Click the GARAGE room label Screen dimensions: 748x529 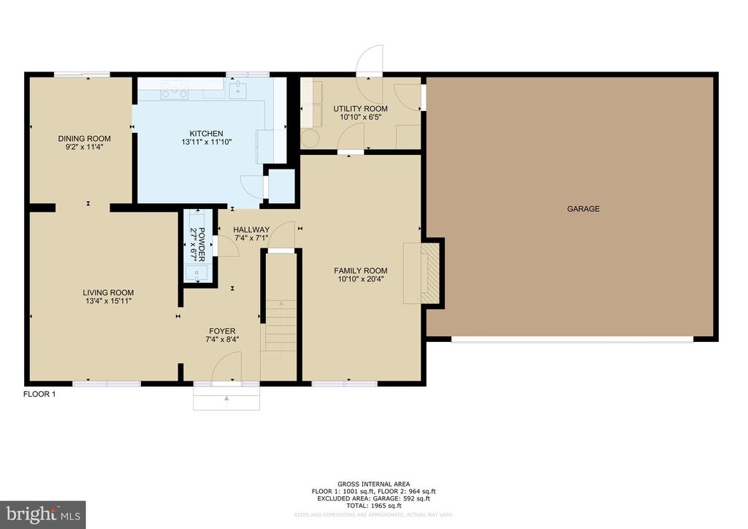pyautogui.click(x=583, y=209)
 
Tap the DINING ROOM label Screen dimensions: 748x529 pyautogui.click(x=85, y=139)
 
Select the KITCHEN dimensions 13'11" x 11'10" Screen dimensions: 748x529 pyautogui.click(x=207, y=142)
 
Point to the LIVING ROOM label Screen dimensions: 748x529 pyautogui.click(x=108, y=293)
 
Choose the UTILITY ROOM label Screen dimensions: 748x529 pyautogui.click(x=360, y=109)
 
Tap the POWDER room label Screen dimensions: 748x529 pyautogui.click(x=202, y=244)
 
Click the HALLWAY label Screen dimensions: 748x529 pyautogui.click(x=251, y=229)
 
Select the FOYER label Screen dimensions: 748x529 pyautogui.click(x=222, y=331)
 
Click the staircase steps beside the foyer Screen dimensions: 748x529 pyautogui.click(x=281, y=324)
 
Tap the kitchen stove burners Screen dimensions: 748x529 pyautogui.click(x=174, y=90)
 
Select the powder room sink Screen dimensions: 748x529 pyautogui.click(x=196, y=273)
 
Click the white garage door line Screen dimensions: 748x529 pyautogui.click(x=572, y=339)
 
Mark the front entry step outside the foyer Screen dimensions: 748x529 pyautogui.click(x=226, y=397)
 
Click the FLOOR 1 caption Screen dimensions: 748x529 pyautogui.click(x=39, y=395)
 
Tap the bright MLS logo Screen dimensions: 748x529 pyautogui.click(x=43, y=514)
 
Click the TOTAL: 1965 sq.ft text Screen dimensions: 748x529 pyautogui.click(x=373, y=506)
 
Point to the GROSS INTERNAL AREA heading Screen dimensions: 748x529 pyautogui.click(x=373, y=484)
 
